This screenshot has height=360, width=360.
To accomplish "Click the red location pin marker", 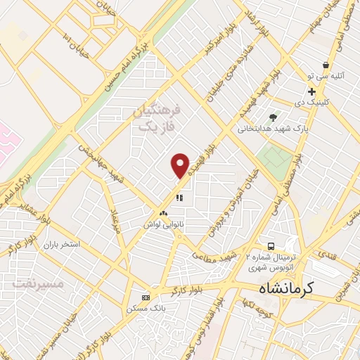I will click(181, 165).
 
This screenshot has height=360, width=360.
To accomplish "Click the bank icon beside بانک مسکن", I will click(146, 297).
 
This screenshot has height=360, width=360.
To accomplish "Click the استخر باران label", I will click(61, 245).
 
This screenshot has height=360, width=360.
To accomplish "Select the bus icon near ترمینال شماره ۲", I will click(271, 246).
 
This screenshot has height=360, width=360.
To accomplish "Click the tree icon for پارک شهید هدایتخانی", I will click(273, 117).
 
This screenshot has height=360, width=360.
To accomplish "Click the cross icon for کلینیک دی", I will click(311, 91).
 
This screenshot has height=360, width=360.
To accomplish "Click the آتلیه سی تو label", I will click(325, 76).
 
